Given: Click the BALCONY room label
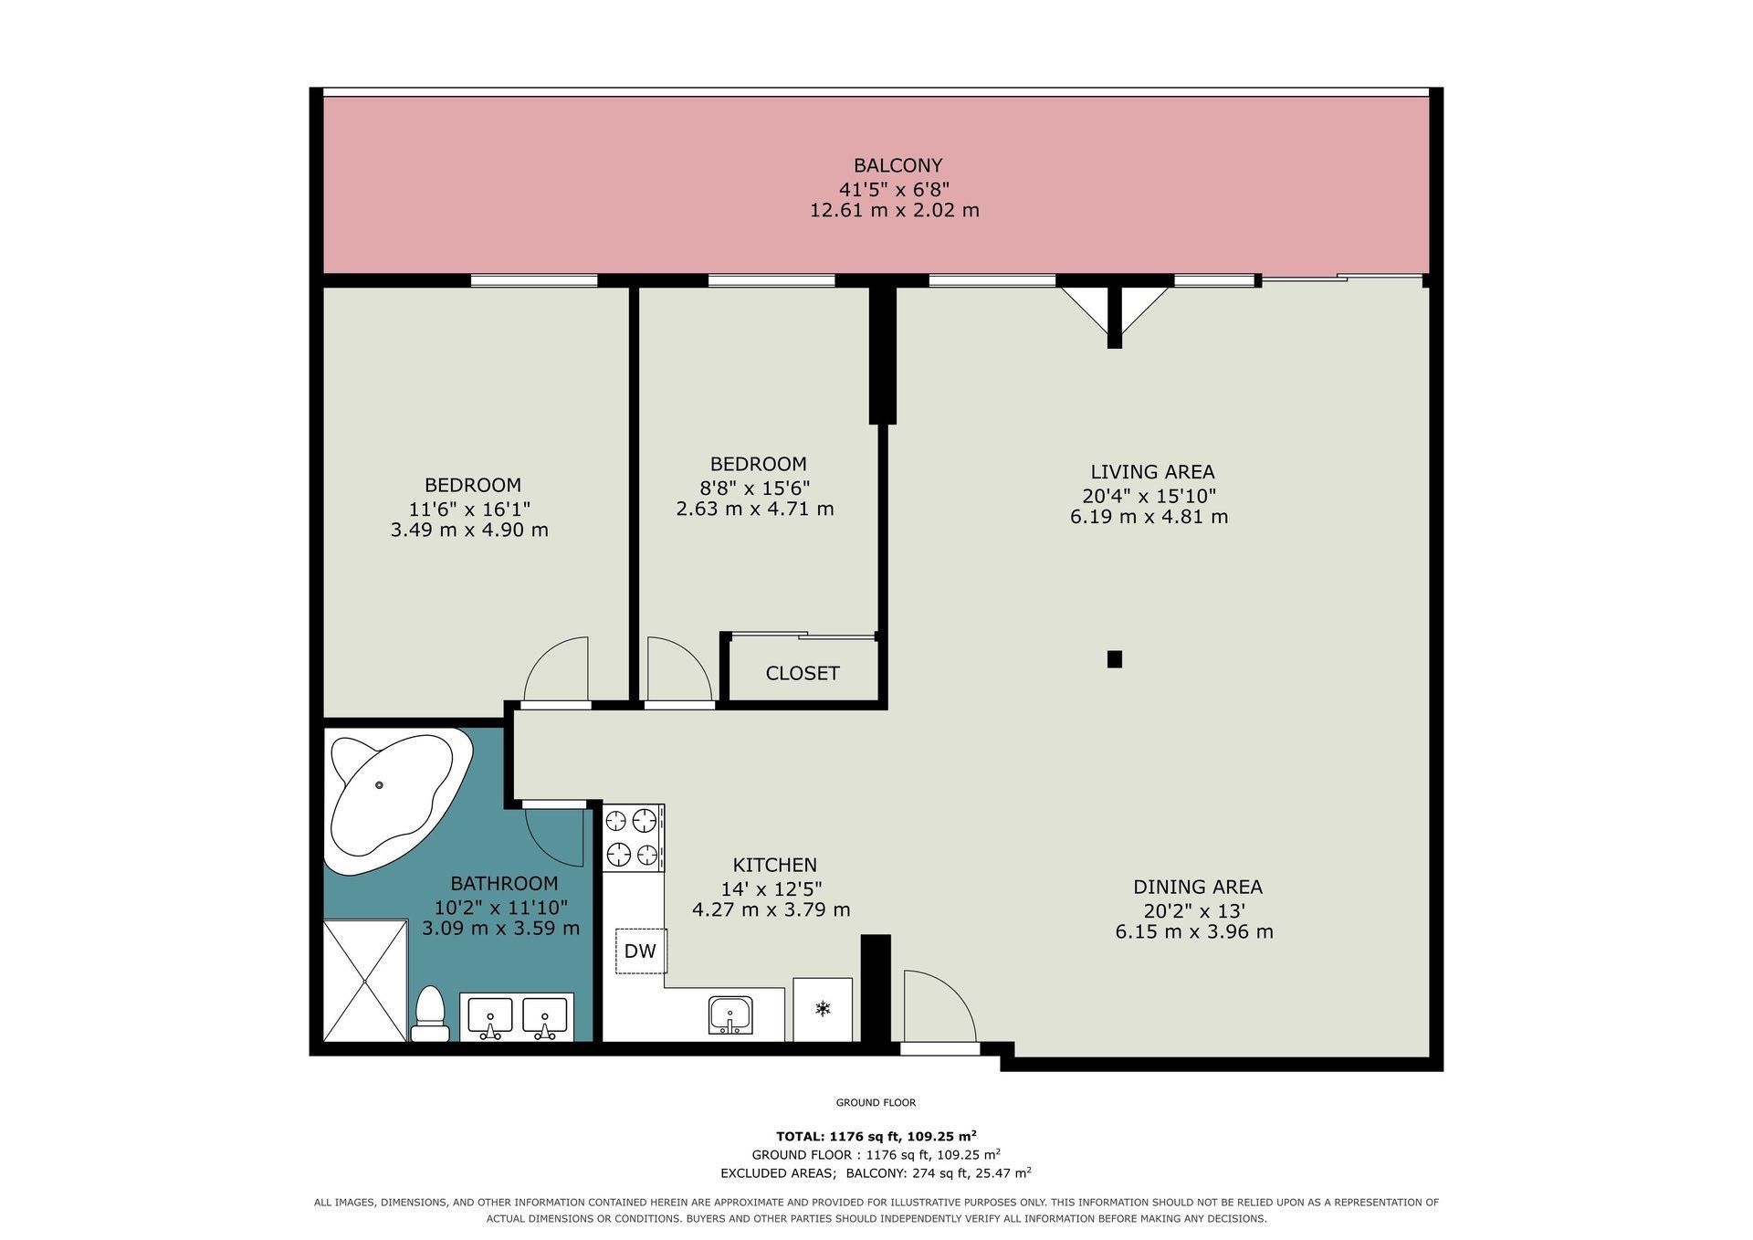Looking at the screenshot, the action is (897, 165).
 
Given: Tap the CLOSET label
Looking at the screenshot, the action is (803, 673).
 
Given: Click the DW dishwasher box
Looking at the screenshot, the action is (640, 951).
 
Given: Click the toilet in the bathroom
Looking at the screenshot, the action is (429, 1013).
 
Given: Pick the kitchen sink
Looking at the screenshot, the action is (731, 1015).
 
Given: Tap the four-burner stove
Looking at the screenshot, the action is (634, 836).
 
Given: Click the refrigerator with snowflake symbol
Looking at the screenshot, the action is (823, 1009).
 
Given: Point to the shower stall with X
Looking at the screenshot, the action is (365, 981).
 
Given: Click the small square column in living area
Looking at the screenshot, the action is (1114, 658).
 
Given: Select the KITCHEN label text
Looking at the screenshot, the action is (774, 865).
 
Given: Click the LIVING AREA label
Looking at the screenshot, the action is (1152, 472).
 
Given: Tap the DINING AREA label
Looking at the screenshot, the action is (1198, 887).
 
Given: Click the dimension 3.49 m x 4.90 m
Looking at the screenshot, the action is (469, 530).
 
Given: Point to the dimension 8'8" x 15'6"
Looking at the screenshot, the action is (755, 487).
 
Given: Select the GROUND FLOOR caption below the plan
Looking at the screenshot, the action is (876, 1103).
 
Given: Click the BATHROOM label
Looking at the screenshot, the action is (504, 884).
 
